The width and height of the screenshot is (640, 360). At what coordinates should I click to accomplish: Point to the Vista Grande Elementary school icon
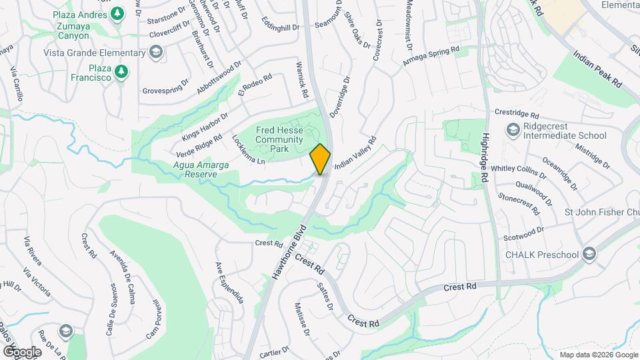coord(155,53)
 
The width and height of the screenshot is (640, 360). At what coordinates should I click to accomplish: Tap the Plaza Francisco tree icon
coord(121,71)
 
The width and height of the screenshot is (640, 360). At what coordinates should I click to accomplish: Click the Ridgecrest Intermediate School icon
coord(513,129)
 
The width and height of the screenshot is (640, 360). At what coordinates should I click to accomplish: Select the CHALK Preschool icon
coord(589,254)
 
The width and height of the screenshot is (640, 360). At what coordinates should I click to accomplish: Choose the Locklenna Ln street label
coord(248,151)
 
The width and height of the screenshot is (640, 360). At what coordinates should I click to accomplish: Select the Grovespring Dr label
coord(166,89)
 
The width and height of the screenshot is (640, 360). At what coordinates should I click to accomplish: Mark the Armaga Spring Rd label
coord(431,56)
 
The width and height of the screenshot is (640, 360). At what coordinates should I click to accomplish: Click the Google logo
coord(22,352)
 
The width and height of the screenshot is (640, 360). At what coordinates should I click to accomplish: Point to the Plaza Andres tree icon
coord(117,13)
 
